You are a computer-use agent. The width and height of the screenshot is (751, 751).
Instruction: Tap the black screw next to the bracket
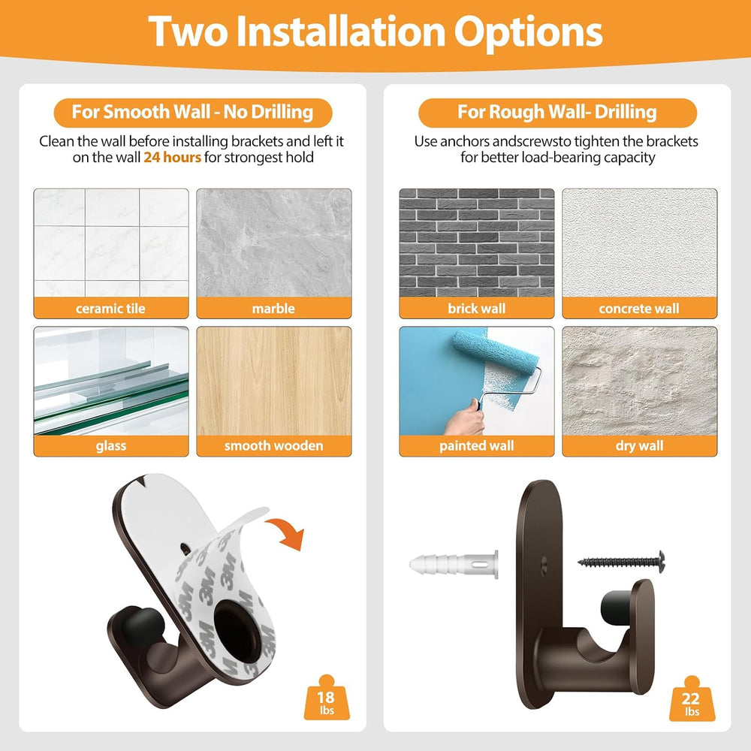pos(622,560)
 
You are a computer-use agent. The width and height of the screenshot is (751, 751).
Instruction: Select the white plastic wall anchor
pos(454,564)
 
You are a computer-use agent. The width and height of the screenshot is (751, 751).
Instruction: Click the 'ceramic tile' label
pos(110,309)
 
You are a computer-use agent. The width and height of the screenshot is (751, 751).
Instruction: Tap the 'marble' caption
pos(273,309)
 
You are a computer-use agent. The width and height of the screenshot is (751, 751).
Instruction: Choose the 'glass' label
pos(110,446)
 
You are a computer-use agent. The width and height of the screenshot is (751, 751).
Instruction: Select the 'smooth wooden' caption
pos(273,446)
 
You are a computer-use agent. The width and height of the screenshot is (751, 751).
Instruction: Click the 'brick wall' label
pos(477,309)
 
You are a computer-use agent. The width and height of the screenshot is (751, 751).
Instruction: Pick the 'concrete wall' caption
pos(639,309)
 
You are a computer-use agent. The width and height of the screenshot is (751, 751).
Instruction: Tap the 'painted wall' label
pos(477,446)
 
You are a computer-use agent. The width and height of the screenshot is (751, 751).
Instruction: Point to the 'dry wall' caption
pos(639,446)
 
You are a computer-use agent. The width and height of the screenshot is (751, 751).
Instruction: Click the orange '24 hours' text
pos(173,158)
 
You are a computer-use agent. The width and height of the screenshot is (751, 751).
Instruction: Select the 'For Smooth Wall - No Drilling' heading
pos(192,112)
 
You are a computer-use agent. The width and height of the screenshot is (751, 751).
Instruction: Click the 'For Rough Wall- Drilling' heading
pos(557,112)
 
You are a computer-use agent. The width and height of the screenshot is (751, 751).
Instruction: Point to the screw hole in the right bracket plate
pos(544,560)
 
